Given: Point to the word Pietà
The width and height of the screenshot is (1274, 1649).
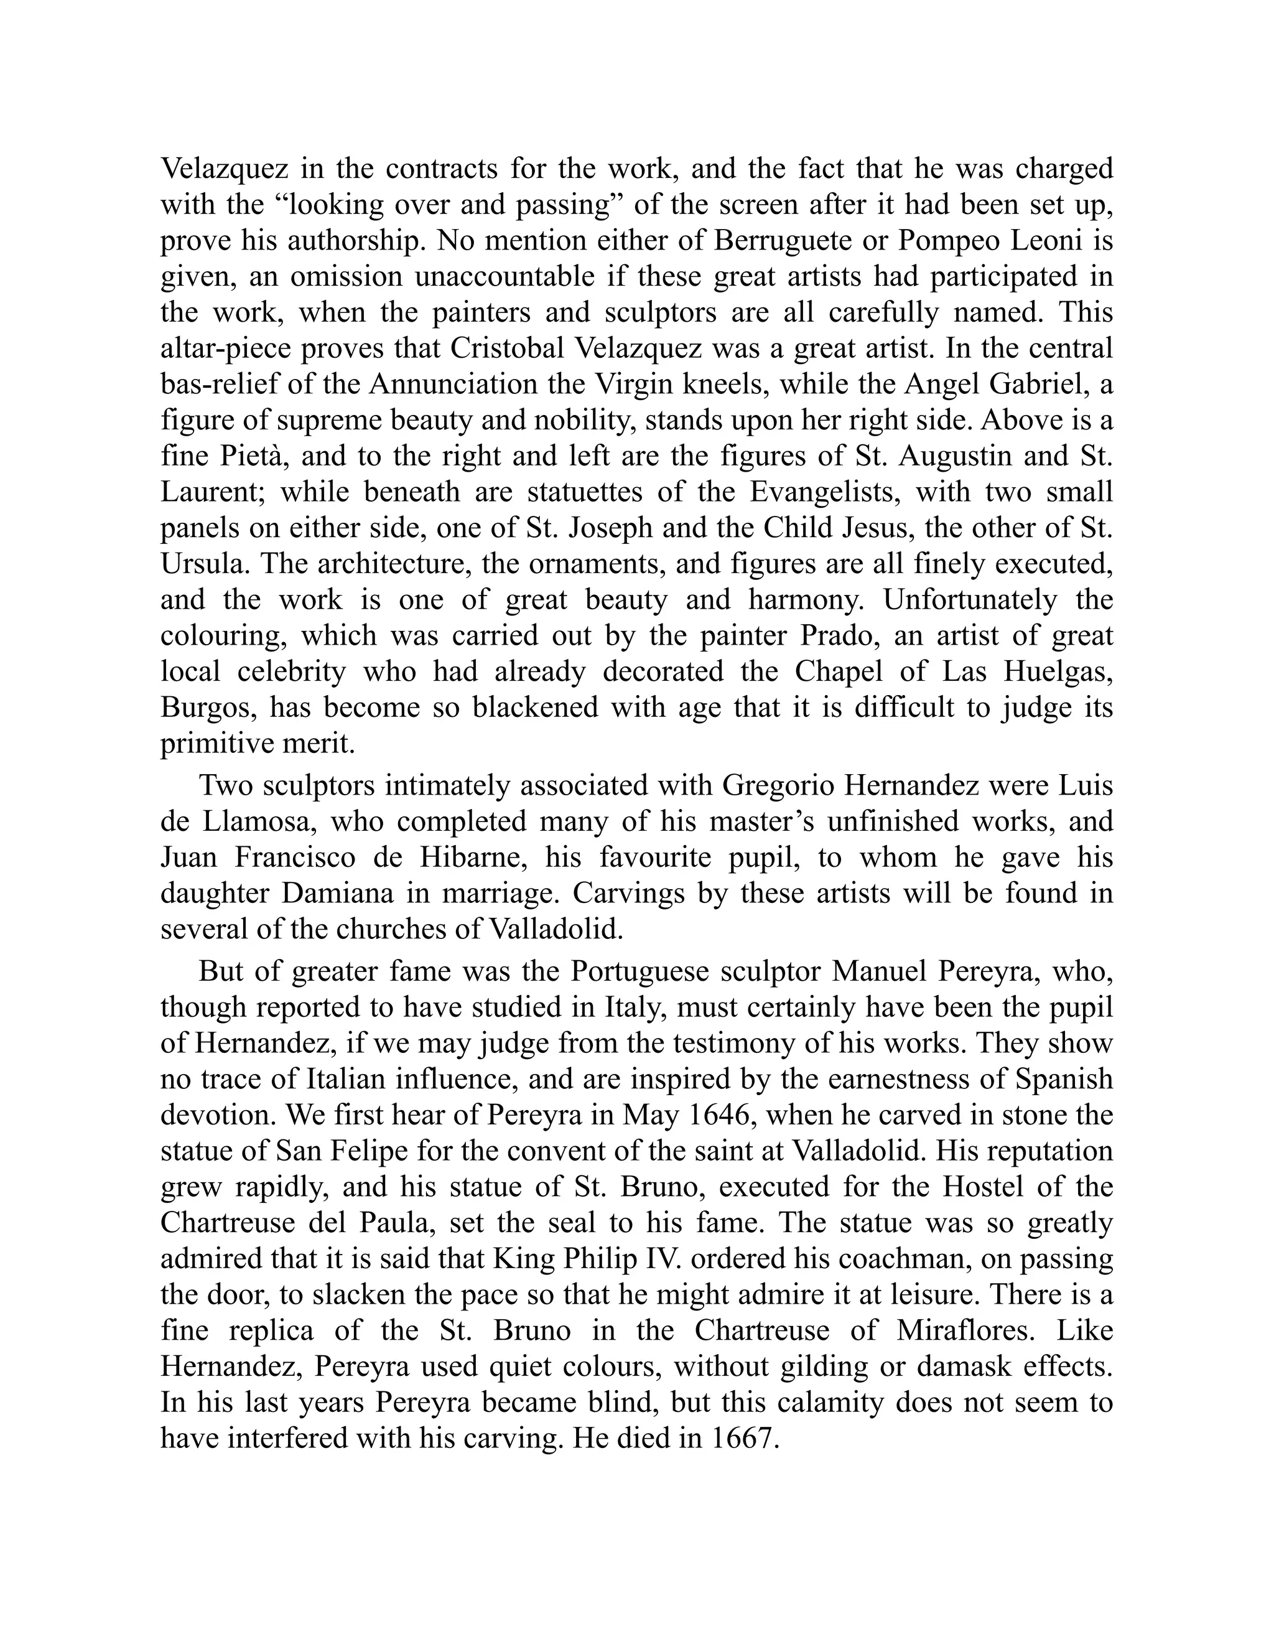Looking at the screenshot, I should (x=248, y=456).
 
